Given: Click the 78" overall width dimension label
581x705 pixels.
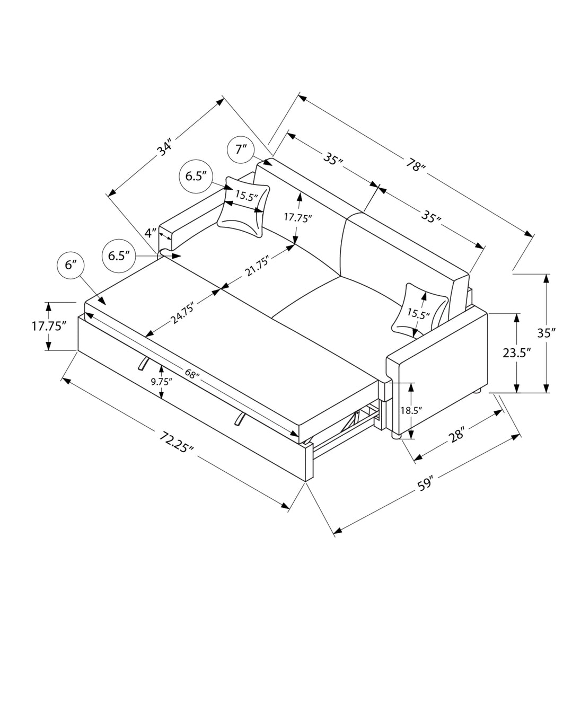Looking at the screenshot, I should pyautogui.click(x=416, y=166).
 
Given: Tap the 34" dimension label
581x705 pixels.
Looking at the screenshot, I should pyautogui.click(x=165, y=148).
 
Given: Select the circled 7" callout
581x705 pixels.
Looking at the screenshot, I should pyautogui.click(x=241, y=149).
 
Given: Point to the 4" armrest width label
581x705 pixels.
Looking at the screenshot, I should pyautogui.click(x=151, y=232).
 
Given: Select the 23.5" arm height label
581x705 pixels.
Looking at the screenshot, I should pyautogui.click(x=517, y=353).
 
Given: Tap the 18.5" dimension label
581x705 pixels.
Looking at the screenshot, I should pyautogui.click(x=412, y=410).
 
